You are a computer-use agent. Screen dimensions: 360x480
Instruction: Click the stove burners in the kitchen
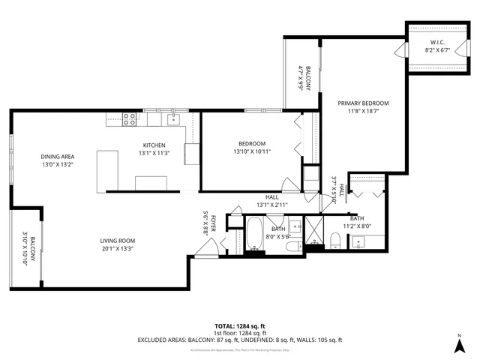(x=129, y=117)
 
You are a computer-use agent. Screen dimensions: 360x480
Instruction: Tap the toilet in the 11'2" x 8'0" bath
(x=336, y=239)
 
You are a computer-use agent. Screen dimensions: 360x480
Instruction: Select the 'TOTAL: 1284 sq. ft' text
(x=240, y=326)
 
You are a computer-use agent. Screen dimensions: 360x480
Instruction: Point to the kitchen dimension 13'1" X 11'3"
(x=154, y=153)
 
